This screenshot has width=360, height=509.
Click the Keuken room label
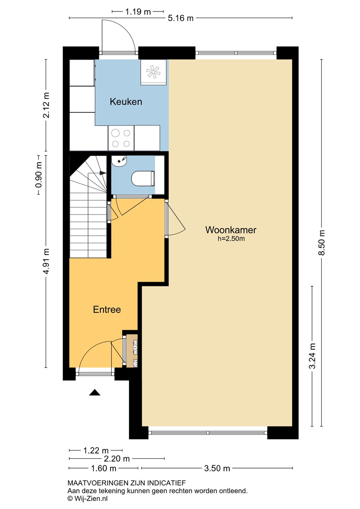[126, 101]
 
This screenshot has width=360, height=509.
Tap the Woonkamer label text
[231, 230]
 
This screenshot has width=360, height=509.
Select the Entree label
[107, 310]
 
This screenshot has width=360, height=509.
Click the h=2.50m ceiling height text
[231, 239]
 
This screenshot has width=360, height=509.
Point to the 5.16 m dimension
[181, 18]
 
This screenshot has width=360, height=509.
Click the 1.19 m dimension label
[138, 12]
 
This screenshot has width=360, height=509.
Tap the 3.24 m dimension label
[313, 356]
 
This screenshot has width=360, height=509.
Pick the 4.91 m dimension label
[46, 261]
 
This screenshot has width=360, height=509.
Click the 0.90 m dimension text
[39, 175]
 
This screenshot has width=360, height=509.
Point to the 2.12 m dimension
[46, 105]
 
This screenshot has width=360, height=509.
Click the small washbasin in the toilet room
[119, 160]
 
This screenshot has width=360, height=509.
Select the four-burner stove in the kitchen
[121, 138]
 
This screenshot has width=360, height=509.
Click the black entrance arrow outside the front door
[94, 392]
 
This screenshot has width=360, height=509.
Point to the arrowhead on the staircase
[103, 173]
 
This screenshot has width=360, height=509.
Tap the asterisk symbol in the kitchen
[153, 72]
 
